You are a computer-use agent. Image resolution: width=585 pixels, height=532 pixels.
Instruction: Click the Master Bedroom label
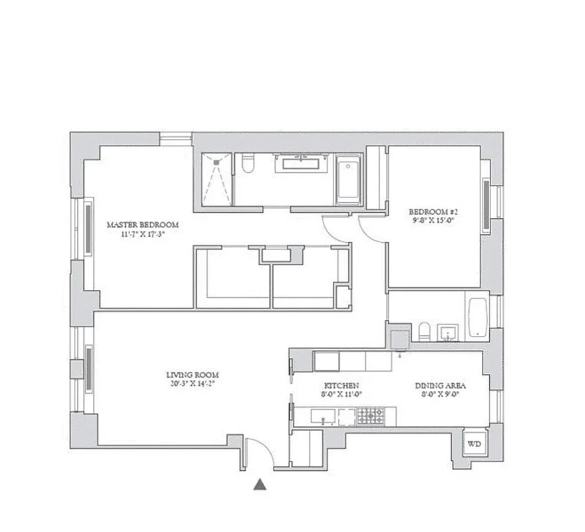coord(142,225)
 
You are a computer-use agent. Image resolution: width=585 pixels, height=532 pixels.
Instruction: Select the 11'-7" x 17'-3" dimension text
coord(142,234)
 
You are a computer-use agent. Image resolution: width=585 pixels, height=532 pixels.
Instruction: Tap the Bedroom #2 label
coord(434,213)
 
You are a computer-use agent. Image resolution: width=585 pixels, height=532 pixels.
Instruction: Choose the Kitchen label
coord(341,386)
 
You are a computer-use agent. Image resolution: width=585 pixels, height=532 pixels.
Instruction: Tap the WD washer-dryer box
coord(474,444)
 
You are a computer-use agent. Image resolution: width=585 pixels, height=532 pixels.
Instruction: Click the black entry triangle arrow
coord(260,485)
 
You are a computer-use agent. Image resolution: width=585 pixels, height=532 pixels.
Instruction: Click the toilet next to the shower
coord(248,164)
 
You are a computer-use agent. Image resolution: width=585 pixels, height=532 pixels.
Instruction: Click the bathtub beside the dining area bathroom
coord(477,318)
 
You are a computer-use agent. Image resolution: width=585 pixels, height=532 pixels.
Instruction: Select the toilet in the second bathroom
coord(424,331)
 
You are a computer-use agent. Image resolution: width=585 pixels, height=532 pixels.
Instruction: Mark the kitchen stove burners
coord(368,416)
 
